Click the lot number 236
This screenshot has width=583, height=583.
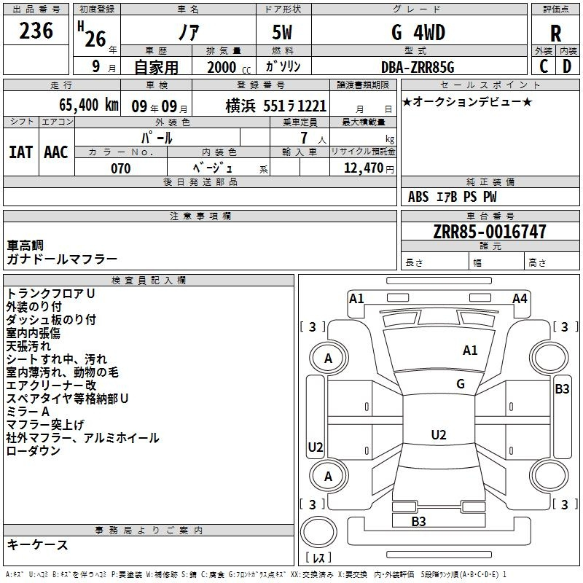36,31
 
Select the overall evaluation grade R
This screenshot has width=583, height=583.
555,34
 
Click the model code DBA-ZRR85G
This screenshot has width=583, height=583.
418,67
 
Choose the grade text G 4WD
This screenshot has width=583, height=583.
418,33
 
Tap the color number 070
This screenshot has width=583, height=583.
120,168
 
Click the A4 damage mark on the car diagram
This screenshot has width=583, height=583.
520,298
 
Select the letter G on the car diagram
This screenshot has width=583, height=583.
461,384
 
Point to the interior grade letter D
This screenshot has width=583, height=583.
567,66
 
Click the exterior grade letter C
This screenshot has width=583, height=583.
544,66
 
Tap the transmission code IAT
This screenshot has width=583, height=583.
20,152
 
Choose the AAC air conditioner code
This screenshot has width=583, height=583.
55,152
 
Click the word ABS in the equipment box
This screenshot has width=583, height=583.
418,197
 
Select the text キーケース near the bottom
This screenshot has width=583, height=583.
38,544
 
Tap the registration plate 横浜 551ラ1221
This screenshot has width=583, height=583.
275,106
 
